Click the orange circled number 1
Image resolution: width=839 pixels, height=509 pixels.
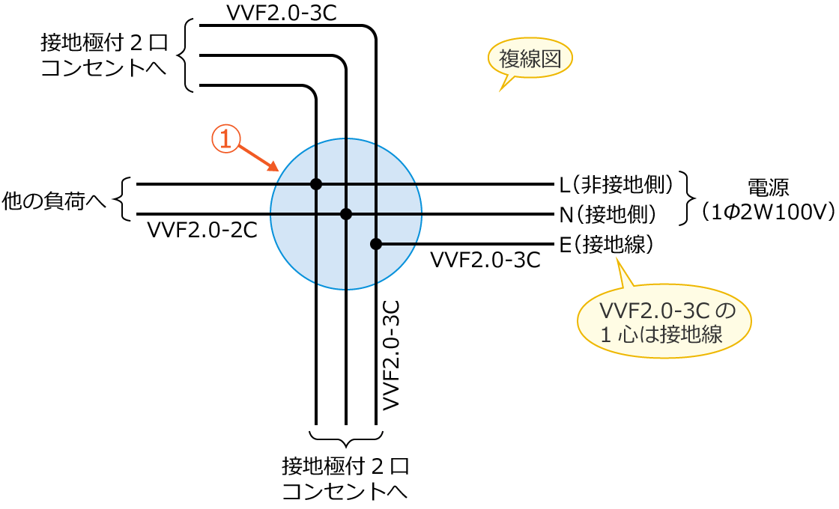(225, 140)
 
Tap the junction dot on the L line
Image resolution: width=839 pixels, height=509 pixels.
(316, 184)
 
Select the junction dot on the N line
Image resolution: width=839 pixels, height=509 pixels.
(346, 214)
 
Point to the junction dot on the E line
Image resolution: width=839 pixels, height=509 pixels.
(376, 244)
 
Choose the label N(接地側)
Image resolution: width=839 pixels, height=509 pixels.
(608, 215)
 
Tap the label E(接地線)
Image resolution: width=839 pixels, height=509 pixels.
(608, 244)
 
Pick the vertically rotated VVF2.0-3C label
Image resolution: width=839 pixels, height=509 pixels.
(390, 355)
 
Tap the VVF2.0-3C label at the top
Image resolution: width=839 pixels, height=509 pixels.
(281, 13)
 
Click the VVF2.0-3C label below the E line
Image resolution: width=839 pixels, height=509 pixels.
(485, 260)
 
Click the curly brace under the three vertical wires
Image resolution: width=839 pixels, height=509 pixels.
(346, 439)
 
